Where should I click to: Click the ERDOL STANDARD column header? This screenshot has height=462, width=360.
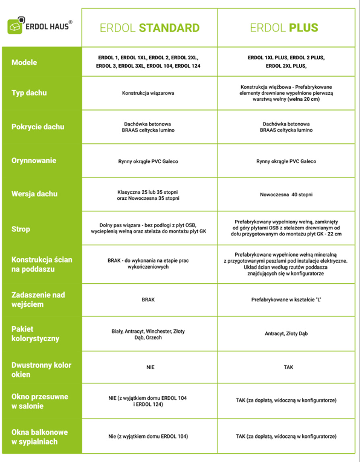[x=149, y=28]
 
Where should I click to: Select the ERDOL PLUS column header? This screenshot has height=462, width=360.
[x=284, y=28]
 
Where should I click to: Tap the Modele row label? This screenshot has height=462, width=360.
[x=24, y=62]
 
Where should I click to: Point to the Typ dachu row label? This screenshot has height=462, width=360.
[x=29, y=93]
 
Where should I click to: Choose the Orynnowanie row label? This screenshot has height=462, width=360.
[x=34, y=161]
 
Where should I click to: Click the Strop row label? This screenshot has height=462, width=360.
[x=21, y=229]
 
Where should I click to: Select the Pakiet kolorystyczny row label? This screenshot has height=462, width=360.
[x=35, y=334]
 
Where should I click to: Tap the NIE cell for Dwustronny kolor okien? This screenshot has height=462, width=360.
[x=150, y=367]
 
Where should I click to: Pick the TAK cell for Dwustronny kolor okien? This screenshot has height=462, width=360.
[x=288, y=367]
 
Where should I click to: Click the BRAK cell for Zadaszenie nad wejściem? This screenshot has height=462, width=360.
[x=148, y=300]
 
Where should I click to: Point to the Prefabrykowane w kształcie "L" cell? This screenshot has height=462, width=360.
[x=288, y=300]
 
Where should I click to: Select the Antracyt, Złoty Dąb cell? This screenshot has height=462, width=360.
[x=286, y=334]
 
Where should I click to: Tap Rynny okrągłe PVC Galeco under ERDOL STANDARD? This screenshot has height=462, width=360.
[x=148, y=161]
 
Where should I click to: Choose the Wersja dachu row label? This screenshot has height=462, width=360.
[x=34, y=194]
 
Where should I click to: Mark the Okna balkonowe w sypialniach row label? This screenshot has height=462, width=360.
[x=39, y=437]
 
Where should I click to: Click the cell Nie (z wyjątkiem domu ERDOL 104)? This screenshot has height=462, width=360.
[x=148, y=436]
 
